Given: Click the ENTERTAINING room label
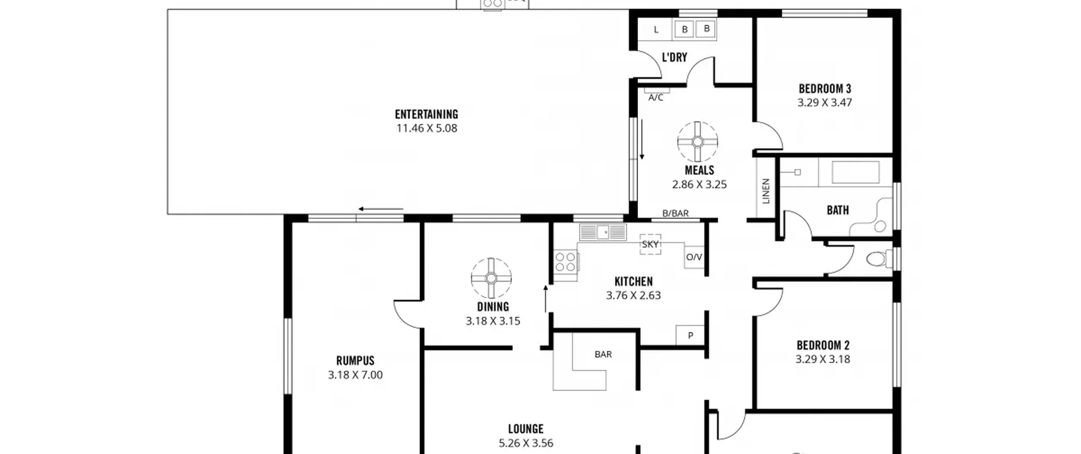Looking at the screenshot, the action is click(426, 114).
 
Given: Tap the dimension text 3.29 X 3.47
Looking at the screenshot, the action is click(824, 103).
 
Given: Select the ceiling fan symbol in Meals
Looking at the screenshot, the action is click(698, 142).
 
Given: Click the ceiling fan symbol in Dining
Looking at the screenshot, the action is click(491, 278).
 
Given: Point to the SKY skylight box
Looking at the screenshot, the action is click(650, 244).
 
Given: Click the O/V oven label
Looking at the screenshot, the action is click(694, 257).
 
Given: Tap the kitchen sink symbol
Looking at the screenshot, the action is click(603, 232).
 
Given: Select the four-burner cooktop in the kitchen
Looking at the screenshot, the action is click(565, 261).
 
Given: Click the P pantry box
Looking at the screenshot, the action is click(690, 335).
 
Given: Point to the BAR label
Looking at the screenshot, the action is click(603, 354).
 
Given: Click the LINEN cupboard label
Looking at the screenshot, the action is click(766, 191).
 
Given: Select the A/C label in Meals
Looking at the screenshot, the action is click(656, 98).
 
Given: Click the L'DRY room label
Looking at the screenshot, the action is click(674, 57).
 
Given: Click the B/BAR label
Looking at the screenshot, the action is click(675, 214).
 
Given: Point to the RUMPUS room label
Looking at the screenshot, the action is click(355, 361).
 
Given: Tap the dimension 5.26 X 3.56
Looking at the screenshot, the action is click(526, 443).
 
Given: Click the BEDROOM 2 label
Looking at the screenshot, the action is click(823, 345).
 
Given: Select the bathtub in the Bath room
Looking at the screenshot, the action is click(856, 172).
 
